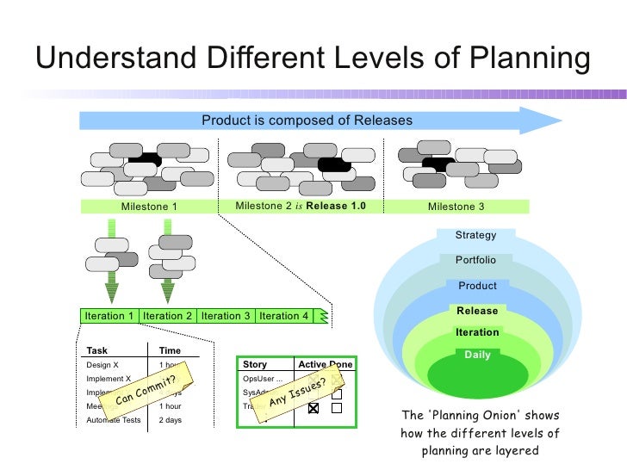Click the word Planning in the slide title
pos(521,59)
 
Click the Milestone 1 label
pos(149,207)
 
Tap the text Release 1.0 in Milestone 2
pos(336,207)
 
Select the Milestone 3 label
pos(456,207)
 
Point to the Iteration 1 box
pos(109,316)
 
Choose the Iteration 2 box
pos(168,316)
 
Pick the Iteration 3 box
pos(226,316)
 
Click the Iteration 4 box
pos(283,316)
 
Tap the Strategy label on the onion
pos(476,235)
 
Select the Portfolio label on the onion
pos(476,260)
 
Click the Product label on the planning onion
pos(477,286)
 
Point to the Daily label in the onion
pos(477,355)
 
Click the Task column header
pos(97,350)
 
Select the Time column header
pos(171,350)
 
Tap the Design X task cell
pos(102,364)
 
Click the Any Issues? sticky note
pos(297,392)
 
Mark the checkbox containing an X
pos(313,408)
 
